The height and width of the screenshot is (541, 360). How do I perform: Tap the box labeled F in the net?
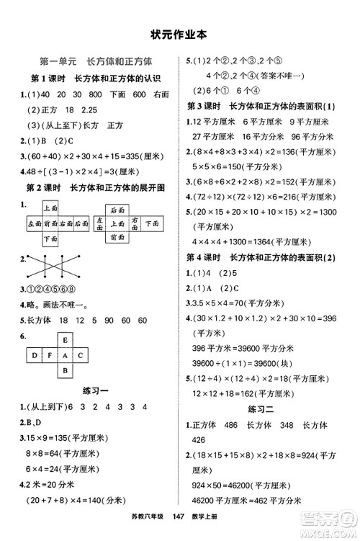click(49, 355)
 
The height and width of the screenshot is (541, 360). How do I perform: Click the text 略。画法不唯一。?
click(55, 305)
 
